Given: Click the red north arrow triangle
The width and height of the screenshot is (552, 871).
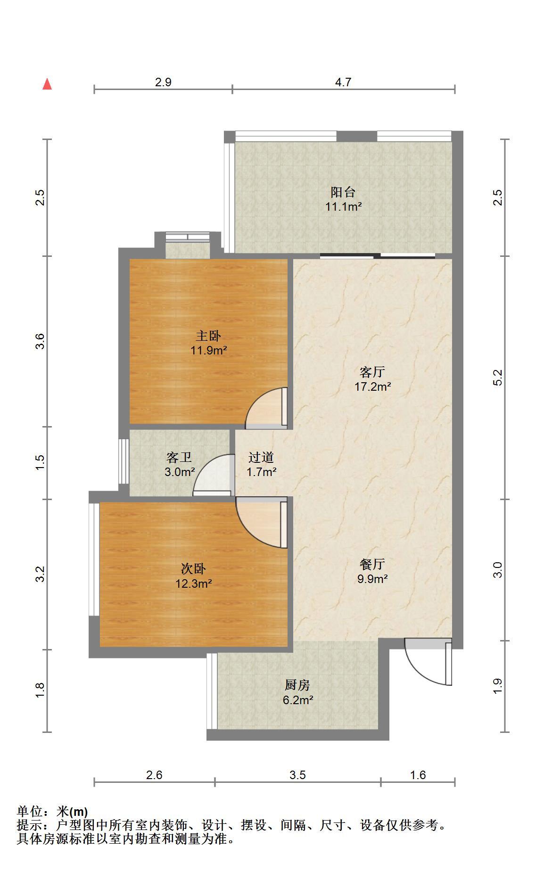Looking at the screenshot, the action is coord(47,84).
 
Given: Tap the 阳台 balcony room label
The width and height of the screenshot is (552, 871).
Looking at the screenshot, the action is coord(343,192).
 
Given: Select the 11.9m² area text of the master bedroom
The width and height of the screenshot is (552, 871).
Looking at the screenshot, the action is coord(209,350).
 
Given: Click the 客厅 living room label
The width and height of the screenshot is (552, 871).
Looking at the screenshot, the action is coord(372,372).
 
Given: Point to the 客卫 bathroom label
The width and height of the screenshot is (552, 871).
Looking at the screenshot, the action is coord(180,457).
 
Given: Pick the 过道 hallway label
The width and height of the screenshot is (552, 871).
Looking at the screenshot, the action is coord(261,457).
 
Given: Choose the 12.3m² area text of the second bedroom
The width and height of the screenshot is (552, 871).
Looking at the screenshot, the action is coord(194,583).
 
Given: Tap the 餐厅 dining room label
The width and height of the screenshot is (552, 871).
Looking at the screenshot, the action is coord(372,564).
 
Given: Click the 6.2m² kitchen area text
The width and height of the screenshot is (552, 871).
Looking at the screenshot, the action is coord(298,700).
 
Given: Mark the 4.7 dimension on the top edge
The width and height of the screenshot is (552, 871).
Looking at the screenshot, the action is coord(343,82).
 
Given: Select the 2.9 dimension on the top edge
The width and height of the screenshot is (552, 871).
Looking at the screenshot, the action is coord(163,82).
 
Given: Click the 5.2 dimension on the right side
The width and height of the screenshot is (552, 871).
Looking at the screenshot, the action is coord(498,378).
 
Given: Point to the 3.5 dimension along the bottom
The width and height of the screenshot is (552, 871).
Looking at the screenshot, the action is coord(298,775).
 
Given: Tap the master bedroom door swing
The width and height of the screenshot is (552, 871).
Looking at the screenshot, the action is coord(266,408).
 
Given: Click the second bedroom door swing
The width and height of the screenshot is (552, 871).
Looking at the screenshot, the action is coord(262,522).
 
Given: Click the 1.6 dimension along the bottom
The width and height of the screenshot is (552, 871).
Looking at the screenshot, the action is coord(418,775).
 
